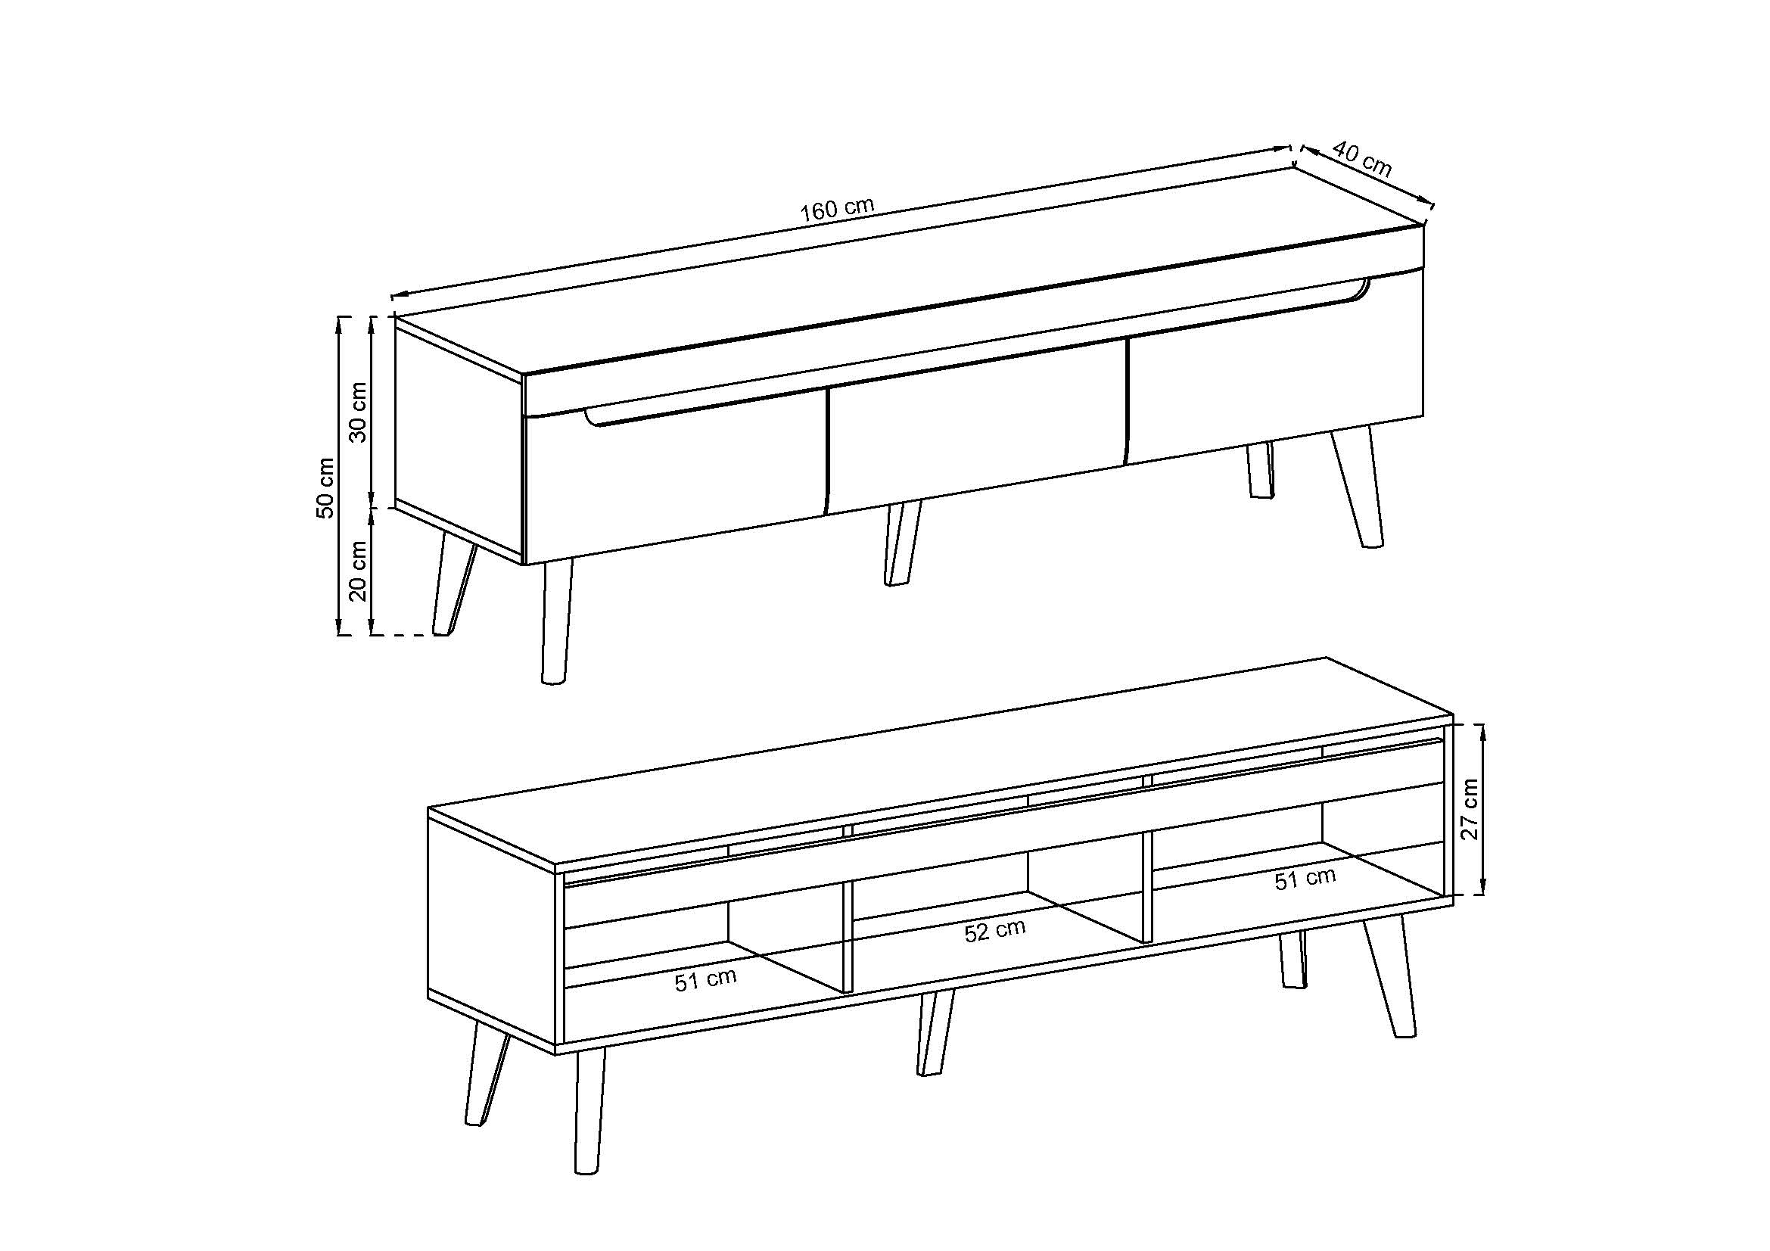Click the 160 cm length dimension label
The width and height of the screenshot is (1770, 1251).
pos(836,210)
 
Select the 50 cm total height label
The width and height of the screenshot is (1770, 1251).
pos(326,487)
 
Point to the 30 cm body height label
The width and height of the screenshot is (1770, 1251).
pos(359,412)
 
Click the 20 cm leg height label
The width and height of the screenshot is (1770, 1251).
pos(359,571)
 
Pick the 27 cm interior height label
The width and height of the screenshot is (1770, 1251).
pos(1470,809)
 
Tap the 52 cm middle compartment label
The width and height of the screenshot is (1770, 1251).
pos(994,930)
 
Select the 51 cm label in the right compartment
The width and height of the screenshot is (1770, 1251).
pos(1305,878)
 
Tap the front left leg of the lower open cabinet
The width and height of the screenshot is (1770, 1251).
pos(589,1110)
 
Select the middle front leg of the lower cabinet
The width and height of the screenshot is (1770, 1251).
pos(935,1033)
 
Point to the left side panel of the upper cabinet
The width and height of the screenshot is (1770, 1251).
pos(459,440)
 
